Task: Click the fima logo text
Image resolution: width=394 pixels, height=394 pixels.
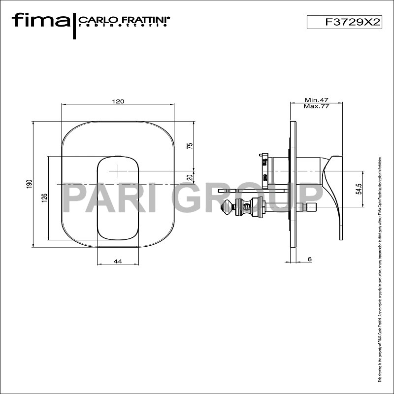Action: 41,21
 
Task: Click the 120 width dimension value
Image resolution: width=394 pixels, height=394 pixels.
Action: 118,101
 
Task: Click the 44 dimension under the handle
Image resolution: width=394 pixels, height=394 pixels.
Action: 118,262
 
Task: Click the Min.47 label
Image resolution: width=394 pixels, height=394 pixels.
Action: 316,99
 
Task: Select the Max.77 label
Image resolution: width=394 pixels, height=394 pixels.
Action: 316,106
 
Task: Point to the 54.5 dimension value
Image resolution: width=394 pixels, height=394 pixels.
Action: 359,189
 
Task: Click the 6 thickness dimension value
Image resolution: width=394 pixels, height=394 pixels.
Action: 309,259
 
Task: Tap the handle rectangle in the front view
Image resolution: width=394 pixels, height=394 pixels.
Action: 118,197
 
